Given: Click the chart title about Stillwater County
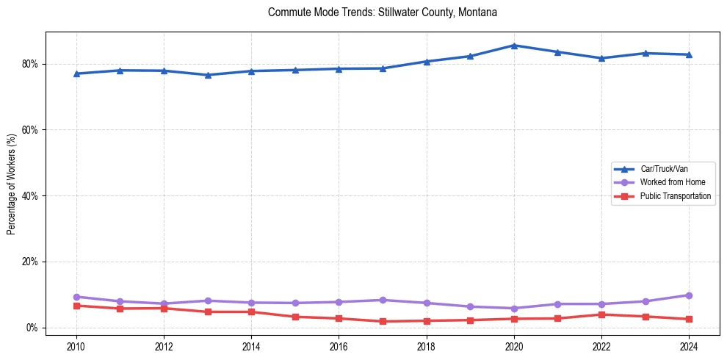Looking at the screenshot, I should [x=383, y=12].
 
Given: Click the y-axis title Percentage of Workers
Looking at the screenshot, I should [x=12, y=184].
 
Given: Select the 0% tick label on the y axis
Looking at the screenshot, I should [x=31, y=328].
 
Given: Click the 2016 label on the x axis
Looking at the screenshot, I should [x=339, y=345].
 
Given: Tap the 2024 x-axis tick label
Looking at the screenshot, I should [x=689, y=345].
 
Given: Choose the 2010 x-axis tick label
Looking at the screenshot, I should [x=76, y=345].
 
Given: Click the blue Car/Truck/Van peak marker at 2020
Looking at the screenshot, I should [x=514, y=46].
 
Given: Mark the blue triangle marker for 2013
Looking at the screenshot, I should [x=208, y=75].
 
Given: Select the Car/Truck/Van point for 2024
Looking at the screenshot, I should [x=689, y=54].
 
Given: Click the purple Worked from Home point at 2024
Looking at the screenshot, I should [x=689, y=295].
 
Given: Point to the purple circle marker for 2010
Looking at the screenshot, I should [x=76, y=297].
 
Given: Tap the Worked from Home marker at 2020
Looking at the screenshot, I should [x=514, y=309].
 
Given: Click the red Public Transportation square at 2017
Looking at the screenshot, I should [x=383, y=322].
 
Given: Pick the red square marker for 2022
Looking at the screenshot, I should [x=601, y=314].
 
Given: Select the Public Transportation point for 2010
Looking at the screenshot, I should [x=76, y=306].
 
